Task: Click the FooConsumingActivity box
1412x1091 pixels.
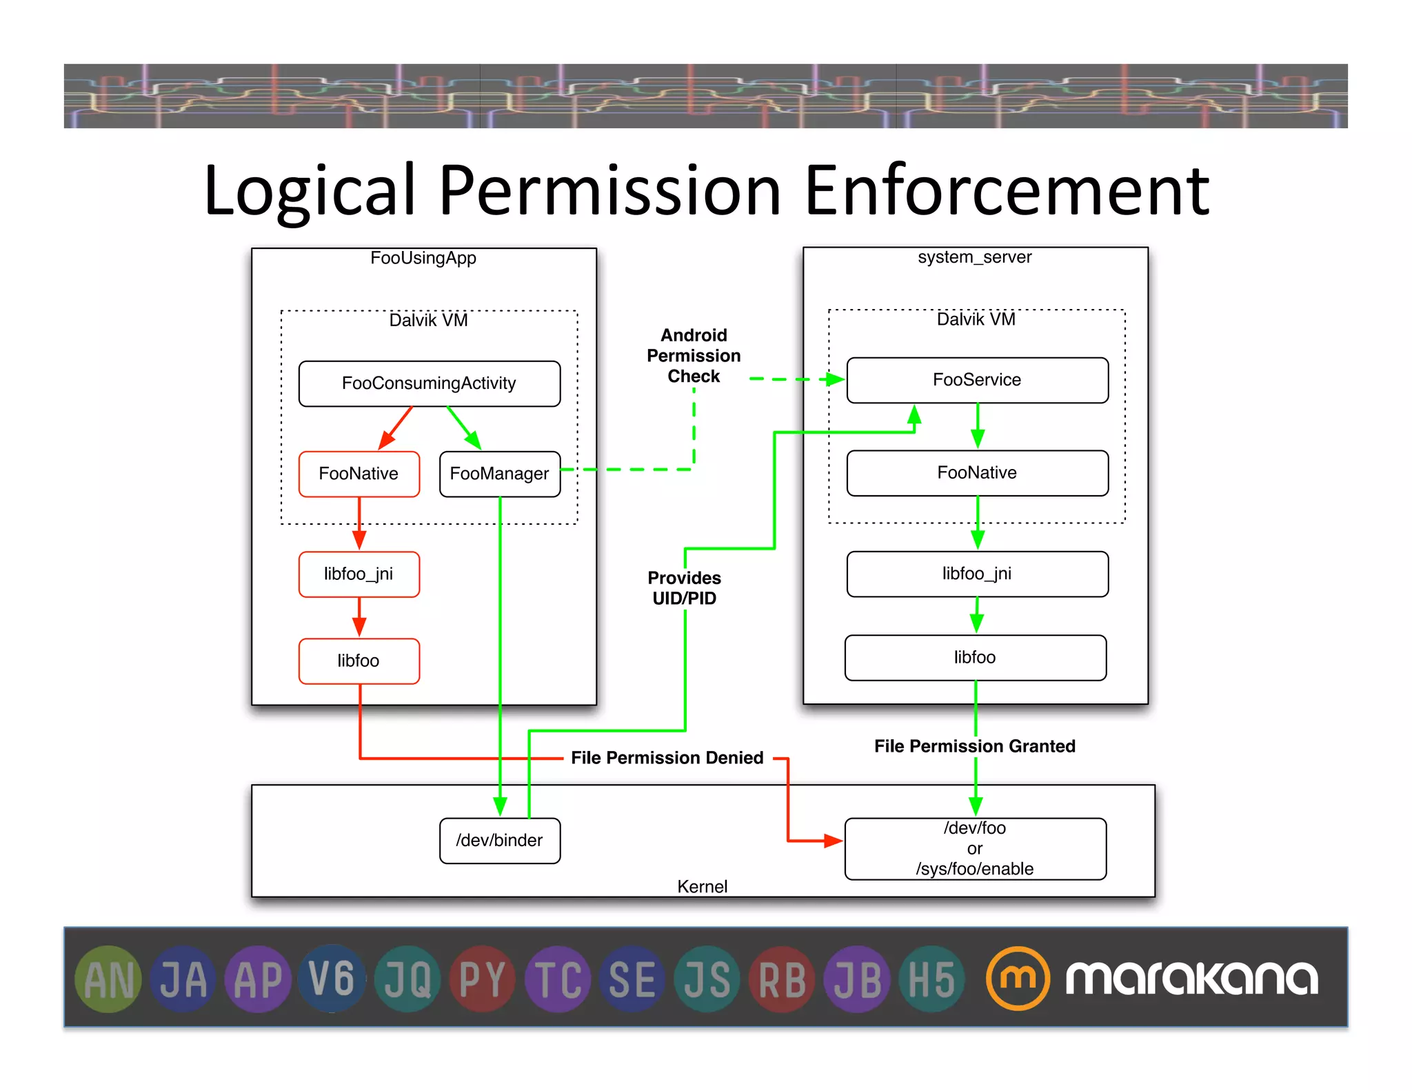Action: (429, 383)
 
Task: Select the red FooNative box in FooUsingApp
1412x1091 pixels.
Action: (359, 474)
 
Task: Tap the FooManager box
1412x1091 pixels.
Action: (499, 474)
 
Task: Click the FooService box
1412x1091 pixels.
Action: (977, 380)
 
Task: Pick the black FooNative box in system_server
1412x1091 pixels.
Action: (977, 473)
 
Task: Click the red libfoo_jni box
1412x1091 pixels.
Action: (359, 574)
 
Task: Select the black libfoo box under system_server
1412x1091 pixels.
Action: (975, 657)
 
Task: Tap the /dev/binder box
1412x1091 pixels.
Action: (499, 840)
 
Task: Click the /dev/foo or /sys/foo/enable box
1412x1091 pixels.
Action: (975, 848)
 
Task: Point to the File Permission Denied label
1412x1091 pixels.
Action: (667, 758)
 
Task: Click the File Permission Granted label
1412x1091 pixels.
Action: (974, 746)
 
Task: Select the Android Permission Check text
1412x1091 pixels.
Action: (694, 356)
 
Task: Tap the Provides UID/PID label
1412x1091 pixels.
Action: (684, 588)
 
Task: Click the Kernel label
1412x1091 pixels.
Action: (702, 886)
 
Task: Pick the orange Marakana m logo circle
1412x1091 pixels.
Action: (1018, 978)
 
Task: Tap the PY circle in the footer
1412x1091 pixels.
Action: (483, 979)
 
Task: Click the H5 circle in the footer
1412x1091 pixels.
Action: (931, 979)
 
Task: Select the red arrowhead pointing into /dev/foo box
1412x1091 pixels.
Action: (834, 841)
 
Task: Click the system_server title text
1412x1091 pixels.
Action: (974, 257)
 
